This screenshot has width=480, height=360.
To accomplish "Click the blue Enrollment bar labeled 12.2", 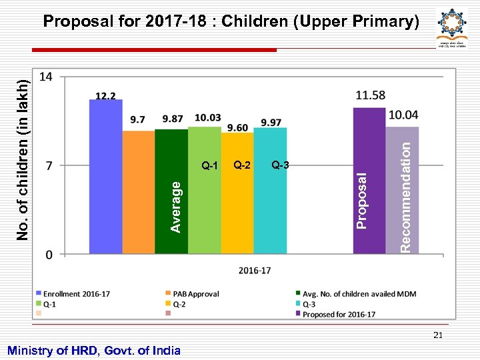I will [106, 177].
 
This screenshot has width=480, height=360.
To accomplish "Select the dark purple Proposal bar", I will [369, 181].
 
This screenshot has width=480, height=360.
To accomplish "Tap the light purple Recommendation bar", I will [402, 190].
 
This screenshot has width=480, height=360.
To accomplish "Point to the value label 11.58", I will [371, 96].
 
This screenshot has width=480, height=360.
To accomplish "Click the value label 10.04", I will [403, 115].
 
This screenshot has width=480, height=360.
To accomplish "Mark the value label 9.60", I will [237, 127].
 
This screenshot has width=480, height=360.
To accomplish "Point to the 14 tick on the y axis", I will [47, 77].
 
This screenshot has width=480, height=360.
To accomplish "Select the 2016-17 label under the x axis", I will [255, 270].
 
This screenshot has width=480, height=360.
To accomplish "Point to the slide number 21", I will [438, 335].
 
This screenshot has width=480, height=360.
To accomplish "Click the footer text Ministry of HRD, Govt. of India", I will [93, 350].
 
